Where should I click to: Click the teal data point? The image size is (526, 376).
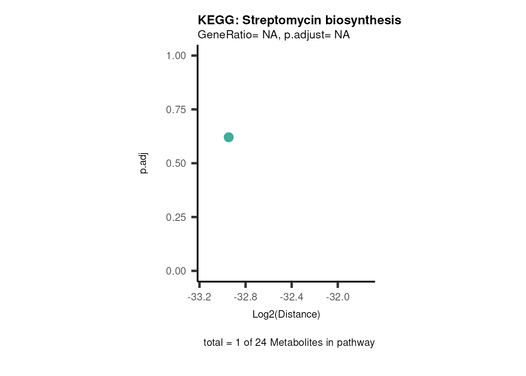(229, 137)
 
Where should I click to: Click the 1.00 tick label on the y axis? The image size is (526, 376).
(176, 56)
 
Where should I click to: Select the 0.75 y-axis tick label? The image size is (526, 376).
(176, 110)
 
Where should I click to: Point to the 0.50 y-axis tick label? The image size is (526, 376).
(176, 163)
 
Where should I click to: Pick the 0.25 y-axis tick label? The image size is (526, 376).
(176, 217)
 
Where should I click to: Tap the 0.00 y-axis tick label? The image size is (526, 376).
(176, 271)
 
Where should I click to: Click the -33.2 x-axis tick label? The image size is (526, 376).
(199, 297)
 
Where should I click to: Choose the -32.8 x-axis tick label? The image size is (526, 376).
(245, 297)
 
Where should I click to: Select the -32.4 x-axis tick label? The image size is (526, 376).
(292, 297)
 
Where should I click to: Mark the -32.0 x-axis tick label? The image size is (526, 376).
(338, 297)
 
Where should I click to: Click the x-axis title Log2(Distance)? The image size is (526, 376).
(286, 315)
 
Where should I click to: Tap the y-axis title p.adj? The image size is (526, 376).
(143, 163)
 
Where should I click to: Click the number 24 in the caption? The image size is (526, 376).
(261, 343)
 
